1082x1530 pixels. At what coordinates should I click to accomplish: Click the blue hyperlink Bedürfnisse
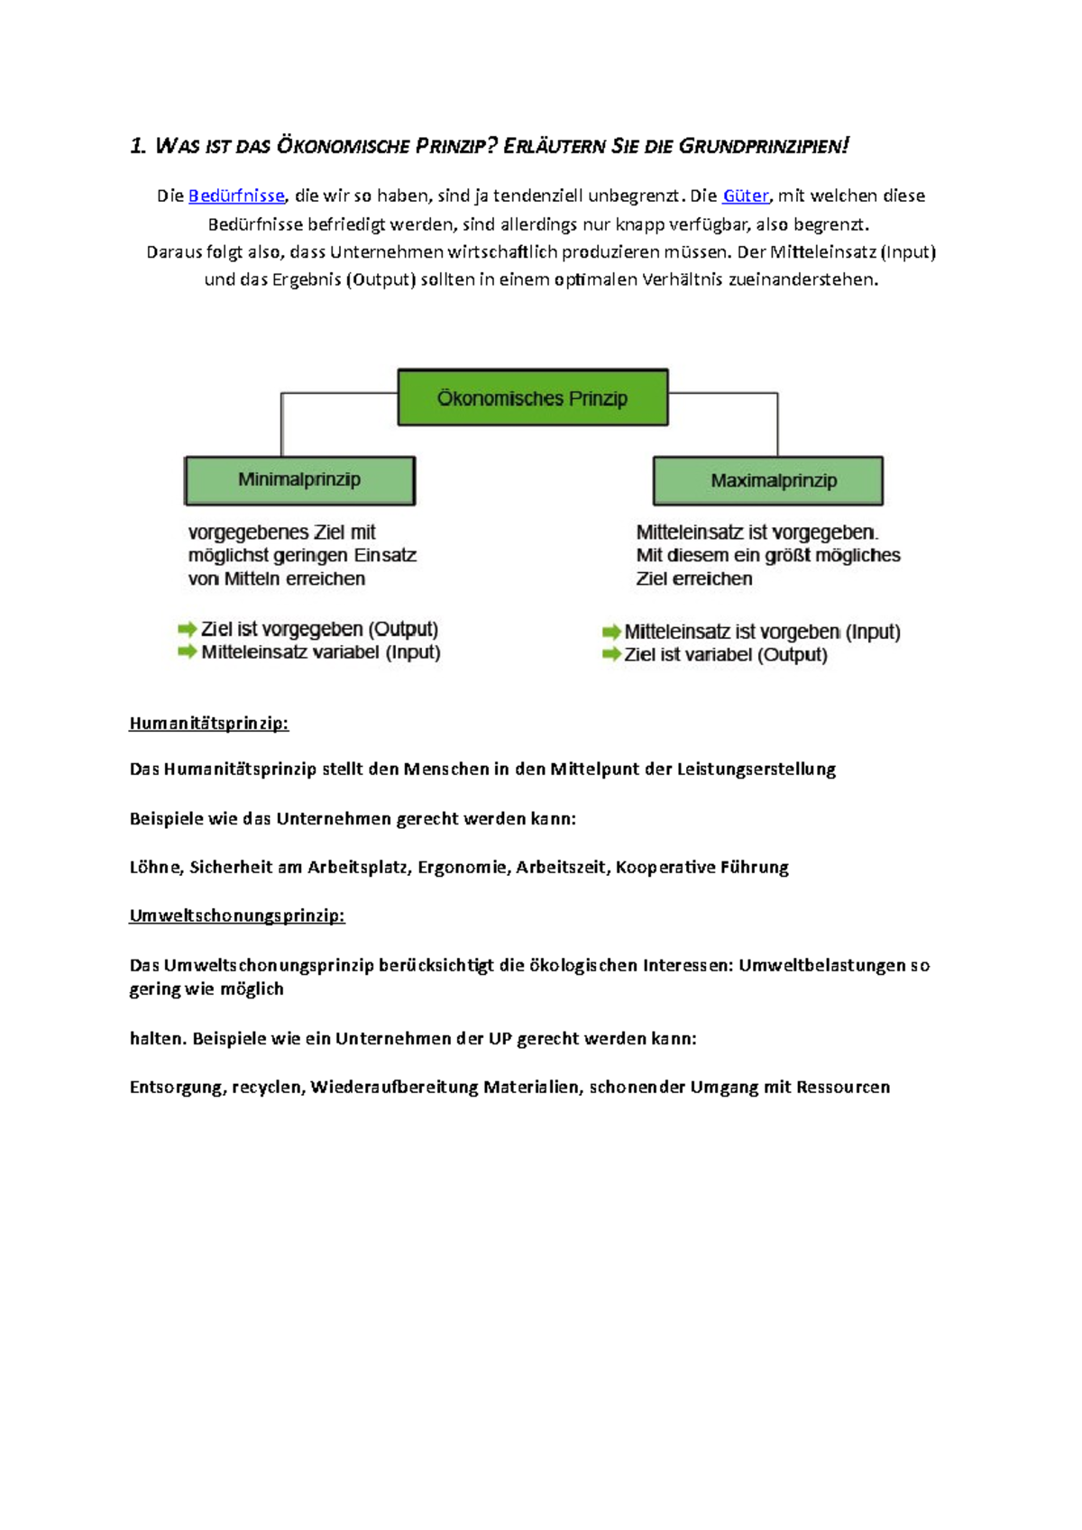click(236, 196)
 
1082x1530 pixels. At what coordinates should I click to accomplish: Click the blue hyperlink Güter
click(746, 196)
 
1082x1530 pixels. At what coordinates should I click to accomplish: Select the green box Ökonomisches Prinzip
click(533, 397)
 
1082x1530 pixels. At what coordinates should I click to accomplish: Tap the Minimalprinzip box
click(299, 480)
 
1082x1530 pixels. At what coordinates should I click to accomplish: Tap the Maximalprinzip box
click(768, 481)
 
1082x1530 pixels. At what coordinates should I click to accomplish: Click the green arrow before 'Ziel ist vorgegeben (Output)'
click(188, 629)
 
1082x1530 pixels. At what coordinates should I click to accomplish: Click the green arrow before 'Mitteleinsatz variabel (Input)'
click(188, 651)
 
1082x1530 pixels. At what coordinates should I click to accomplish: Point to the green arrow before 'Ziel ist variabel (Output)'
click(611, 654)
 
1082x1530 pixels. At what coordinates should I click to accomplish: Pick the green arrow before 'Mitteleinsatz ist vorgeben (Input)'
click(611, 632)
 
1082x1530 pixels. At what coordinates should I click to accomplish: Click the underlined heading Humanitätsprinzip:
click(208, 724)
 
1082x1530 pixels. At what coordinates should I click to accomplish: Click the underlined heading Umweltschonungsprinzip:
click(236, 916)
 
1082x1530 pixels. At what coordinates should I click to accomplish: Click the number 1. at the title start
click(138, 146)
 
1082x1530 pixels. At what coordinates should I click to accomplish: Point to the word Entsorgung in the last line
click(176, 1088)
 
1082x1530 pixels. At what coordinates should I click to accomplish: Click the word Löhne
click(155, 867)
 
